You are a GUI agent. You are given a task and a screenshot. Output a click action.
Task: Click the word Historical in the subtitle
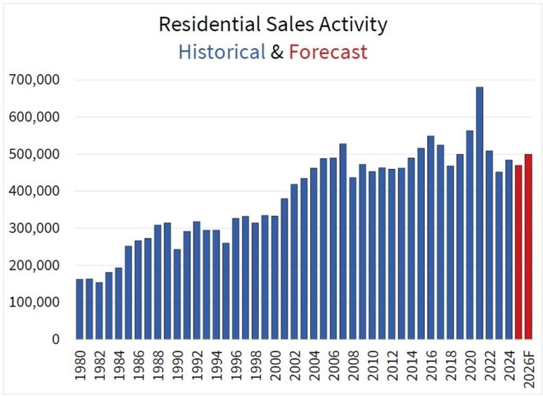pyautogui.click(x=222, y=52)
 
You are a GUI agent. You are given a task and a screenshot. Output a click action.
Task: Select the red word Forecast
pyautogui.click(x=328, y=52)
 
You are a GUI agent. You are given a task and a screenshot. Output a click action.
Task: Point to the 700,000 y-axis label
pyautogui.click(x=35, y=80)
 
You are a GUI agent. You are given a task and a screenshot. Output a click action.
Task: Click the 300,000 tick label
pyautogui.click(x=35, y=229)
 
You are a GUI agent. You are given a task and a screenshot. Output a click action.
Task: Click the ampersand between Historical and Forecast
pyautogui.click(x=277, y=52)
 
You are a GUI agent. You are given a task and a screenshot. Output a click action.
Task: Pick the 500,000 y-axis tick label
pyautogui.click(x=35, y=154)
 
